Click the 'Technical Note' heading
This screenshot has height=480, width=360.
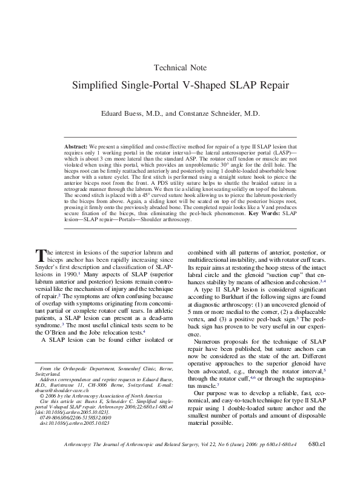tap(180, 67)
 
